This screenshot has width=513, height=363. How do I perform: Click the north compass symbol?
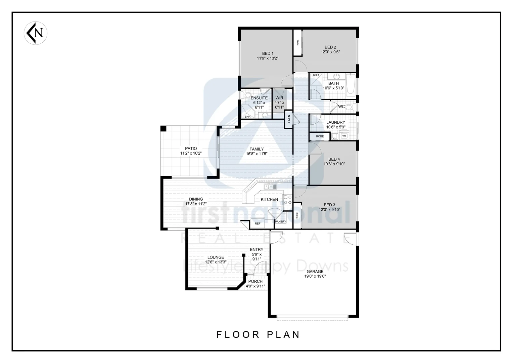(36, 33)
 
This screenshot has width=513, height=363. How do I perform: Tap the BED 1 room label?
(268, 53)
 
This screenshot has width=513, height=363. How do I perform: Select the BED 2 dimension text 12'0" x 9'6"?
(330, 52)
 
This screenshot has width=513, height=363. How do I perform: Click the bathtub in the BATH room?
(351, 84)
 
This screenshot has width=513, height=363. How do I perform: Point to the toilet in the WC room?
(349, 107)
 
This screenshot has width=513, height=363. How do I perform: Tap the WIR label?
(279, 98)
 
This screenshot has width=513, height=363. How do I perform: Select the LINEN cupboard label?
(289, 120)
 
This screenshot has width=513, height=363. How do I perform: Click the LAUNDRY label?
(335, 122)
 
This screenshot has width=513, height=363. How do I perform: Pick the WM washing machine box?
(344, 136)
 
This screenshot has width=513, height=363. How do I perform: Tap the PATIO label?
(191, 148)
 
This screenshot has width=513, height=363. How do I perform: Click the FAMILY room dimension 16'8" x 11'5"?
(256, 154)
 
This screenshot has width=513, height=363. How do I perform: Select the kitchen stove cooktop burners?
(287, 200)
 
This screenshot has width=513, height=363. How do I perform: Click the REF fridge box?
(258, 223)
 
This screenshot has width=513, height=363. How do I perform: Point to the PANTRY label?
(280, 222)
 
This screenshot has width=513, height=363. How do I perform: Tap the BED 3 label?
(329, 205)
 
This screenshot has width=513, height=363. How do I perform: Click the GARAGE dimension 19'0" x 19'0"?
(315, 276)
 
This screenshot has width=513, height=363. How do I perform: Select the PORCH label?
(255, 281)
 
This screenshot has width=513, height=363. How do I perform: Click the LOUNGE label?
(216, 257)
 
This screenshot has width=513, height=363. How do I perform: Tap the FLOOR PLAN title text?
(258, 334)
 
